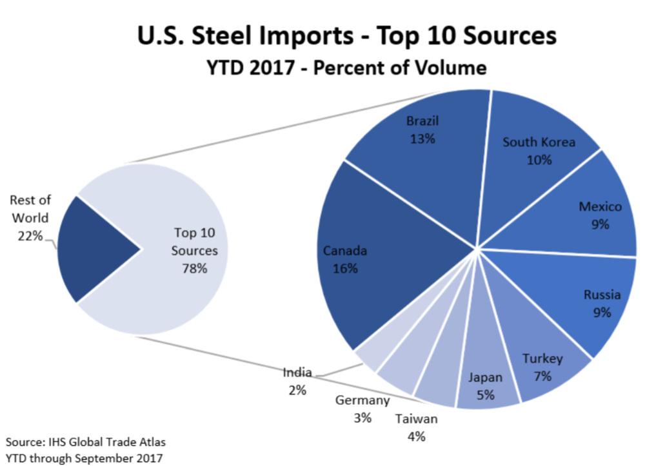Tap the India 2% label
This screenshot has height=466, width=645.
point(297,381)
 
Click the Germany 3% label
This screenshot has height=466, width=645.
point(362,409)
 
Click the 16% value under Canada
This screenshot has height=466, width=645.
point(345,269)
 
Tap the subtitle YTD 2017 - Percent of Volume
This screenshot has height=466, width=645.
point(346,68)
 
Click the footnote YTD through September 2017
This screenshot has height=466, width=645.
point(84,458)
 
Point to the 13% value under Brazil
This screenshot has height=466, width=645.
point(422,138)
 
